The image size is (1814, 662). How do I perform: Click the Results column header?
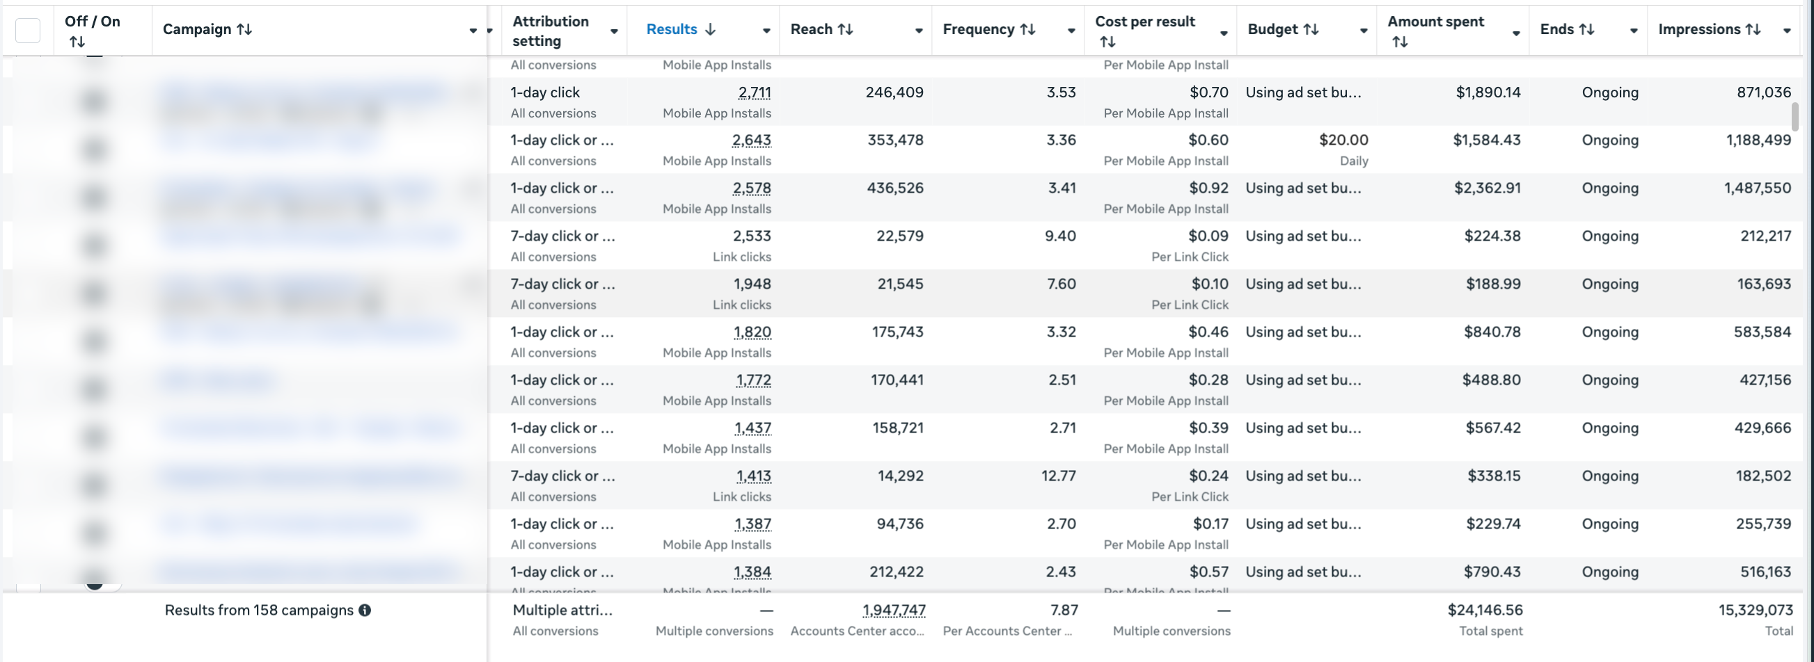coord(671,29)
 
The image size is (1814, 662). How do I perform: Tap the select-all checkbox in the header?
coord(28,31)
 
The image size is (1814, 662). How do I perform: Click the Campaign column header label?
coord(197,29)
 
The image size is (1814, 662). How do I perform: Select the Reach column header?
coord(812,29)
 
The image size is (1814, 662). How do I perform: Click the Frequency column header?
coord(979,29)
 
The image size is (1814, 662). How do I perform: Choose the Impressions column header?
coord(1699,29)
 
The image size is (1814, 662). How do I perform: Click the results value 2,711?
coord(754,93)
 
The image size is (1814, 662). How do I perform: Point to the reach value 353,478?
coord(895,140)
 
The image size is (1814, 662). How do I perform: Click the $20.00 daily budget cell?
coord(1343,140)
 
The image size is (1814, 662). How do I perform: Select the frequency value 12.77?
coord(1059,476)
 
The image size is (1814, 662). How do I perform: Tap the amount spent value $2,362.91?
coord(1488,188)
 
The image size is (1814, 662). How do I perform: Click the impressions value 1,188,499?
coord(1758,140)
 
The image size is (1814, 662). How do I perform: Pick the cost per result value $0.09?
coord(1208,236)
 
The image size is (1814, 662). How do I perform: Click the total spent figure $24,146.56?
coord(1485,611)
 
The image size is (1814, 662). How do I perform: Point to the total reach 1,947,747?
coord(894,611)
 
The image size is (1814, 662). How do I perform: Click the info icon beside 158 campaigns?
coord(365,611)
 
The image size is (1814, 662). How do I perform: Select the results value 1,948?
coord(752,284)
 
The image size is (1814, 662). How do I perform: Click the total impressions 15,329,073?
coord(1755,611)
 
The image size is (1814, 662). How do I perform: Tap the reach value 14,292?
coord(900,476)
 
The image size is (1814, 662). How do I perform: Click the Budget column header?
coord(1272,29)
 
